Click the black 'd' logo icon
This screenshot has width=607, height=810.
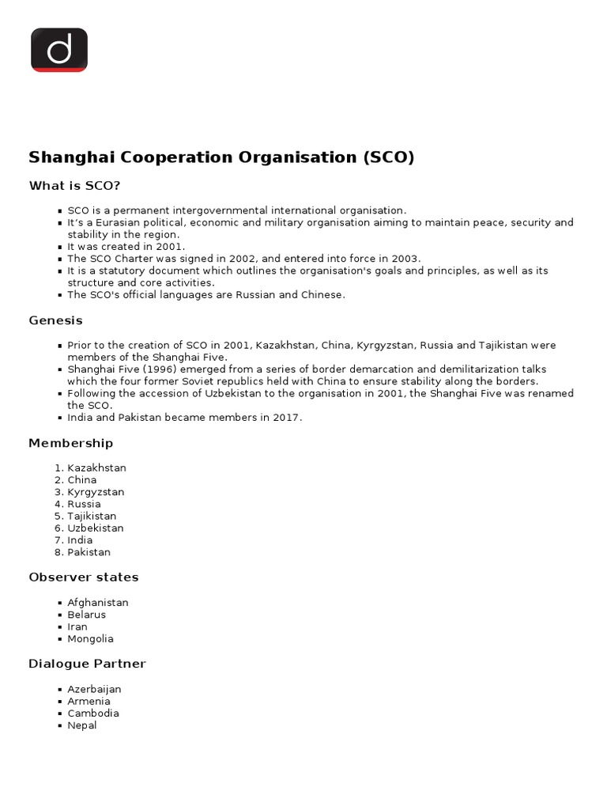(59, 50)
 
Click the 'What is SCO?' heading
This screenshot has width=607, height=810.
(75, 186)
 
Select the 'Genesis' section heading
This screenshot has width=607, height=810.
(55, 320)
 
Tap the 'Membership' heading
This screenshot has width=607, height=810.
(71, 443)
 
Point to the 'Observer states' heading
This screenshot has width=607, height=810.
(84, 577)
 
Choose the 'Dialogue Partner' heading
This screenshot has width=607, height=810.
(87, 664)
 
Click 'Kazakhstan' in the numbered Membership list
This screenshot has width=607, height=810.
(96, 467)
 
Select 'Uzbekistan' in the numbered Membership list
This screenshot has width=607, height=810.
(96, 528)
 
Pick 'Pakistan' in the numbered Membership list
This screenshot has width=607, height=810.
(89, 552)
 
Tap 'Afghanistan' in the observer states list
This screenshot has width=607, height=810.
(97, 602)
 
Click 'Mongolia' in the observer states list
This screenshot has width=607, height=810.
(90, 638)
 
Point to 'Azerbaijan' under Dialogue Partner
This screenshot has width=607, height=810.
(94, 689)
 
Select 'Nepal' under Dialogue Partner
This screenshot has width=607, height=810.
(82, 725)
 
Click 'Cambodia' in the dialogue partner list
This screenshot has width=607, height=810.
(93, 713)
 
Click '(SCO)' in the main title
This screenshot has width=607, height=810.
(388, 157)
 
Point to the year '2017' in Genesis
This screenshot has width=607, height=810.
(286, 417)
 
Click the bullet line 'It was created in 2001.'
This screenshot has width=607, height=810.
(126, 247)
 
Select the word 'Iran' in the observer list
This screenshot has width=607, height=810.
(77, 626)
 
